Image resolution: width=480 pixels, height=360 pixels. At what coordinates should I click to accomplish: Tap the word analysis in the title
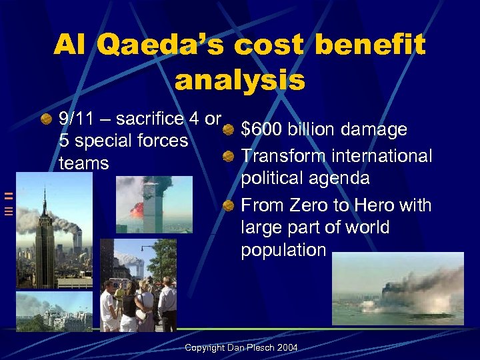pyautogui.click(x=240, y=80)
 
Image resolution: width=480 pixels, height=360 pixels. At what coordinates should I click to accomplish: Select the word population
pyautogui.click(x=283, y=250)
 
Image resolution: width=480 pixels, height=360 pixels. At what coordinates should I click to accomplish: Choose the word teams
pyautogui.click(x=83, y=163)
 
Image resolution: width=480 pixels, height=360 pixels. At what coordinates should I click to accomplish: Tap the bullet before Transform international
pyautogui.click(x=229, y=156)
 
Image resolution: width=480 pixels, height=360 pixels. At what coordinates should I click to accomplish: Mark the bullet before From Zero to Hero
pyautogui.click(x=229, y=205)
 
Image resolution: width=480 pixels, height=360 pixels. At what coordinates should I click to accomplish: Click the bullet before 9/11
pyautogui.click(x=46, y=119)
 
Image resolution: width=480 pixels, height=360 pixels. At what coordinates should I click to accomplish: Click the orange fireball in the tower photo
pyautogui.click(x=137, y=209)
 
